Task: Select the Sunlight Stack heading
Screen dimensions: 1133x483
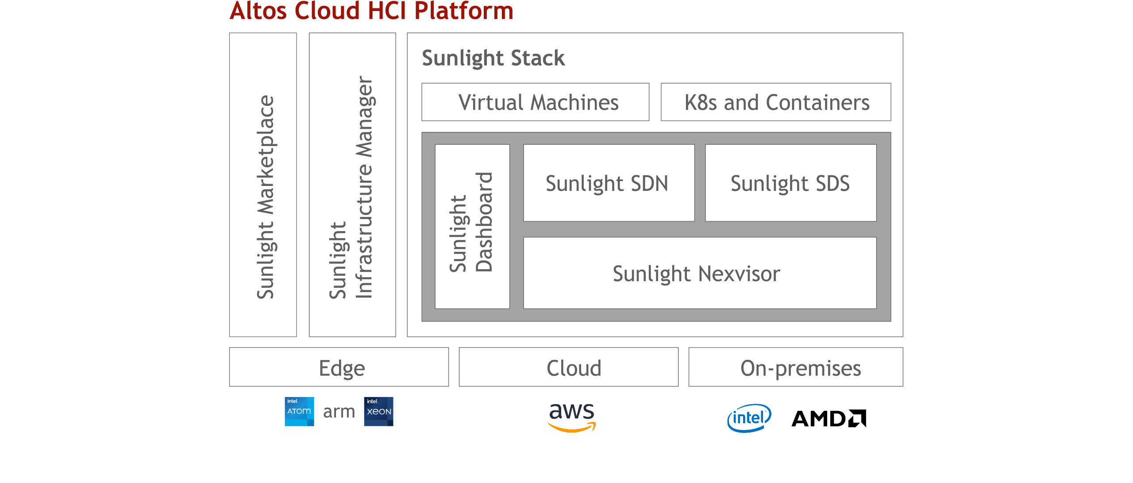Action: (493, 58)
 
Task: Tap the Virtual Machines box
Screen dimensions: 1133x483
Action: (535, 102)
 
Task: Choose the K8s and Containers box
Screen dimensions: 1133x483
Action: (776, 102)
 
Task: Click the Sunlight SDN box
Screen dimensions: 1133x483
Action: (609, 183)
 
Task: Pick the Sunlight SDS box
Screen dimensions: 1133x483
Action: (790, 183)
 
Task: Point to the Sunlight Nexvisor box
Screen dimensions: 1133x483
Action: (700, 273)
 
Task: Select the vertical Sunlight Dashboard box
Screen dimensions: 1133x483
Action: (472, 226)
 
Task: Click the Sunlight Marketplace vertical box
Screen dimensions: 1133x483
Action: (263, 185)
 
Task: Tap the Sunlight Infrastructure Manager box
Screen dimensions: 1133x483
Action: (352, 185)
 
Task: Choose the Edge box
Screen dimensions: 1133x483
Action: (339, 367)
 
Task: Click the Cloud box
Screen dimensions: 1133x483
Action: (569, 367)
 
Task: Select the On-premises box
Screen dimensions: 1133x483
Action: (796, 367)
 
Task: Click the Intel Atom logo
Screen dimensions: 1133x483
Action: (299, 411)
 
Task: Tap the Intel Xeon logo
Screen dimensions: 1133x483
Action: (378, 411)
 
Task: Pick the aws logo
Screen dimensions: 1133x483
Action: (572, 417)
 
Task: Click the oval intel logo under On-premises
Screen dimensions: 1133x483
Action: (749, 418)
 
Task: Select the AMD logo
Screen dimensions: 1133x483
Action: (829, 418)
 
